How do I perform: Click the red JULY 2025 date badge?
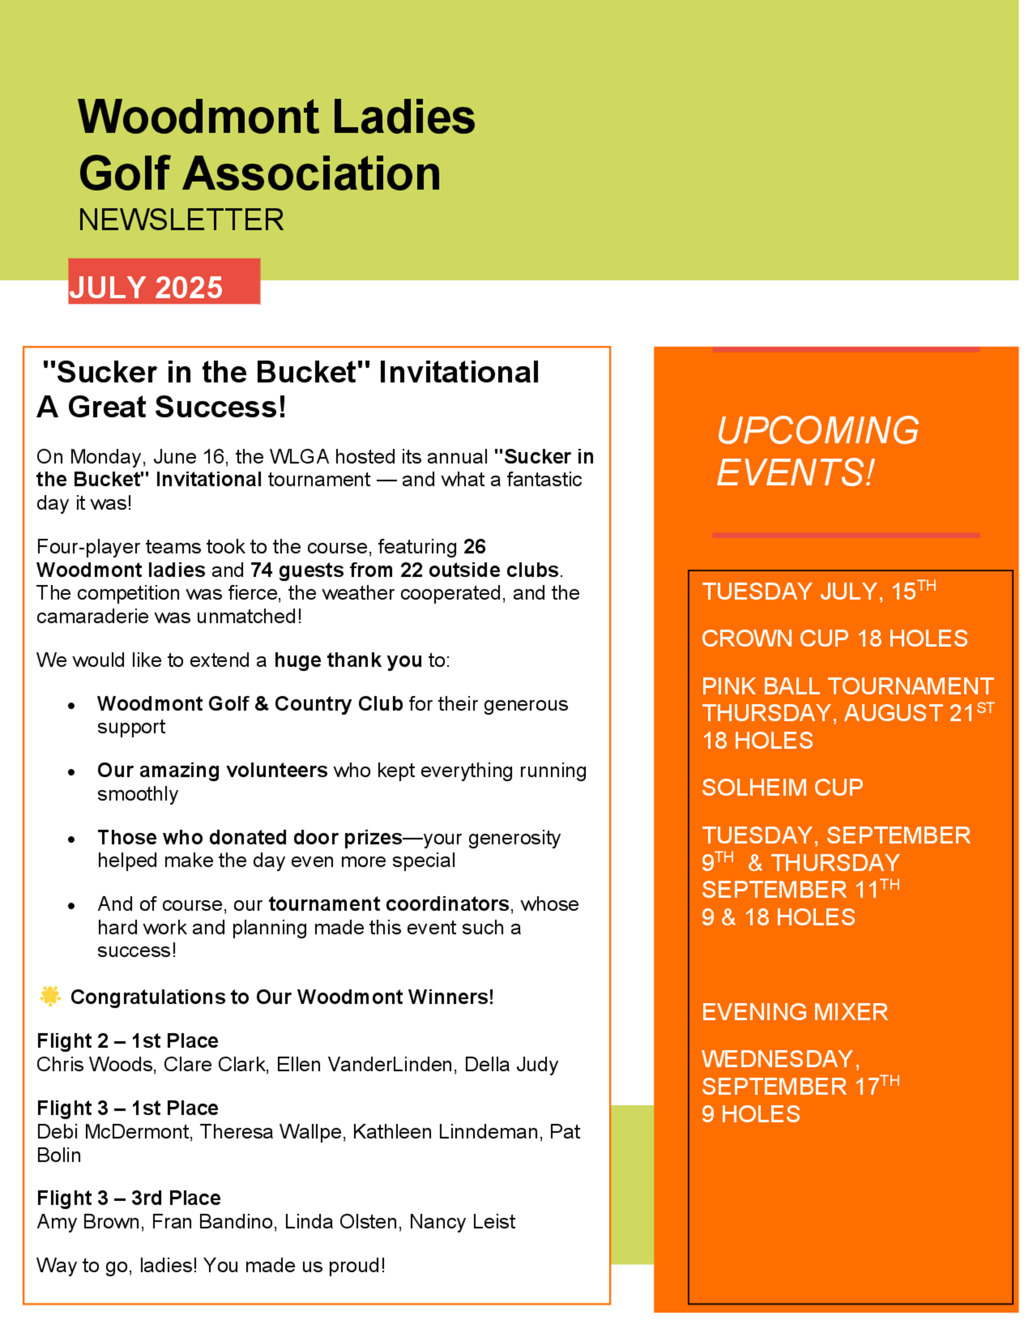164,282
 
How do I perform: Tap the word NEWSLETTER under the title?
181,220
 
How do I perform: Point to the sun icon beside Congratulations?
50,996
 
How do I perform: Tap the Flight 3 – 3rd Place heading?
129,1198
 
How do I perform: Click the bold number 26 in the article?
474,546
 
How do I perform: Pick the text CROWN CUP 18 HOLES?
834,639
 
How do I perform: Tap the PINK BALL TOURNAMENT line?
847,686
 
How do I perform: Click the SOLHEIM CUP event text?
782,787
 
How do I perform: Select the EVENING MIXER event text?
794,1012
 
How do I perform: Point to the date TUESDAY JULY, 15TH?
818,592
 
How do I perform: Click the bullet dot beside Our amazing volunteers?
72,772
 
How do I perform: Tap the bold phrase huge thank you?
348,660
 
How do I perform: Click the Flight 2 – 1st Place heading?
127,1040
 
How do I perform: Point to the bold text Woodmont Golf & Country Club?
249,704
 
